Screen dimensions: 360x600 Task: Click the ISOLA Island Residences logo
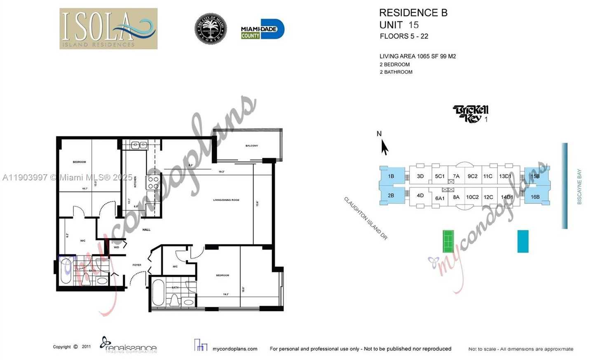(108, 28)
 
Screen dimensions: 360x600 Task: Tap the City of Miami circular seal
(211, 28)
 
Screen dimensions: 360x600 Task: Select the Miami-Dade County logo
(262, 29)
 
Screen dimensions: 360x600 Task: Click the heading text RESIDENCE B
(413, 13)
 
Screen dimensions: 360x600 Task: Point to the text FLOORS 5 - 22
(404, 36)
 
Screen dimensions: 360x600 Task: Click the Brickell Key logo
(470, 114)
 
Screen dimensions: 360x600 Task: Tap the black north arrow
(384, 147)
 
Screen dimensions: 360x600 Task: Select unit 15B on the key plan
(535, 176)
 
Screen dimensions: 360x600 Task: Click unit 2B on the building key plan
(391, 196)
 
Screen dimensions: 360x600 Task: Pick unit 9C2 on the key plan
(472, 176)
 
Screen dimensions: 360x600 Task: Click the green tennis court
(448, 241)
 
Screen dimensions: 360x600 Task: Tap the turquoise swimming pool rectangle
(523, 241)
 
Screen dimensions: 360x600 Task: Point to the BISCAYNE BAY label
(579, 187)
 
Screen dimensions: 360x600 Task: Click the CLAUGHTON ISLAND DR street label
(366, 218)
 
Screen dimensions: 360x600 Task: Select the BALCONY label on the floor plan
(251, 146)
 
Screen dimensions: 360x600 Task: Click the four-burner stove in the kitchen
(153, 183)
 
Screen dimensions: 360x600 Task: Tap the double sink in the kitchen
(139, 145)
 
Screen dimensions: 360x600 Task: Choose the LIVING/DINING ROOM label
(226, 200)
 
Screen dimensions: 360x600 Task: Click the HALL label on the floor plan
(146, 230)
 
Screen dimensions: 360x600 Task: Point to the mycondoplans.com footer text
(234, 349)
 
